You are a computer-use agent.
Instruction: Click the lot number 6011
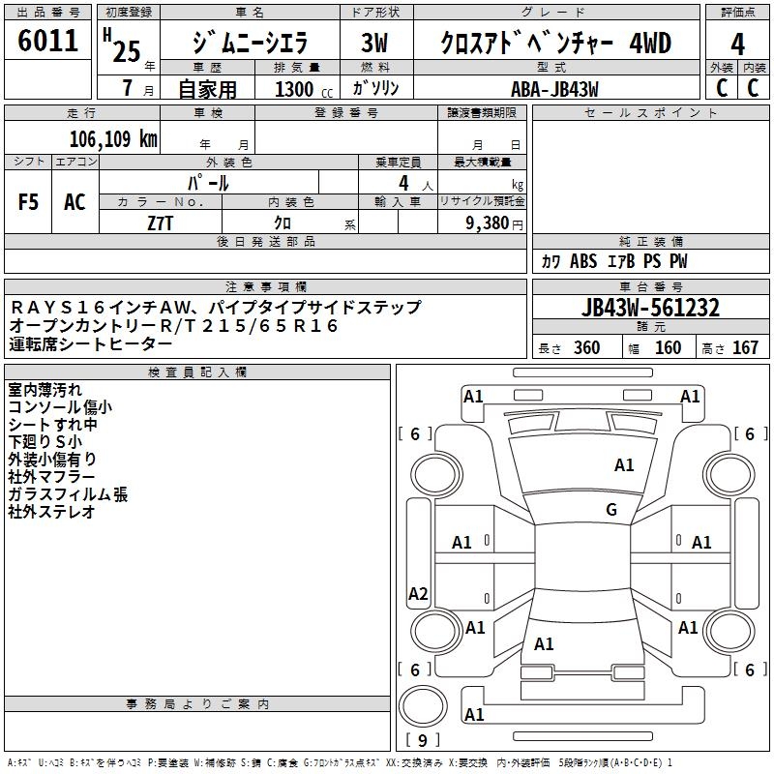(x=47, y=41)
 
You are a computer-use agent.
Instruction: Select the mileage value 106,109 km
(x=113, y=138)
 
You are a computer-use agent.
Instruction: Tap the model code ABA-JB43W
(x=554, y=87)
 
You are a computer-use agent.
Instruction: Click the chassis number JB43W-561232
(x=650, y=308)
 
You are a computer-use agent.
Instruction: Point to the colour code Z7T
(x=160, y=222)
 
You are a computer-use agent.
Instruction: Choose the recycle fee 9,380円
(x=493, y=222)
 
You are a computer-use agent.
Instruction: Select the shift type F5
(x=29, y=202)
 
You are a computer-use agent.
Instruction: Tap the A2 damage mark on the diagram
(x=418, y=594)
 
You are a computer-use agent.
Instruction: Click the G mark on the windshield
(x=611, y=510)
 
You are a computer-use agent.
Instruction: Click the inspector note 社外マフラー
(x=51, y=477)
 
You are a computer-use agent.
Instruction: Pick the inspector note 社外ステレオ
(x=51, y=512)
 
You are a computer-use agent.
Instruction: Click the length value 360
(x=586, y=348)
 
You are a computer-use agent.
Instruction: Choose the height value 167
(x=745, y=348)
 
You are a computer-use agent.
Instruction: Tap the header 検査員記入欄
(x=197, y=372)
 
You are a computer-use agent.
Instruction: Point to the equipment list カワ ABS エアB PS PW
(x=614, y=261)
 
